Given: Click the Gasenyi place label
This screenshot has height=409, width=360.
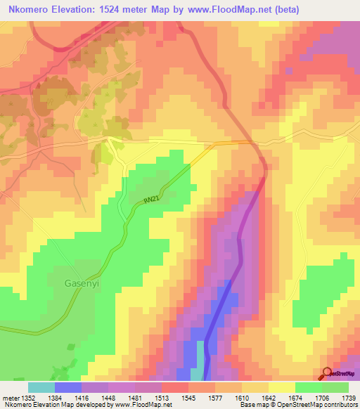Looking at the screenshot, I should click(84, 282).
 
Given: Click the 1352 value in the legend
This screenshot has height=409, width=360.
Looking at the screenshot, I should click(28, 397).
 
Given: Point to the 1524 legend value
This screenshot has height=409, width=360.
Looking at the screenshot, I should click(165, 397).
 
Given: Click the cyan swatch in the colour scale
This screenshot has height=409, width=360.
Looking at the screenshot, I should click(41, 387).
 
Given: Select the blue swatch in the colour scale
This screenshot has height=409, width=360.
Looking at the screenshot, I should click(68, 387).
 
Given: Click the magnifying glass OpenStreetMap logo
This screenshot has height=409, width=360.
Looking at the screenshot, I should click(327, 373).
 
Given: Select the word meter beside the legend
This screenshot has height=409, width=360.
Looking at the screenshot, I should click(10, 397).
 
